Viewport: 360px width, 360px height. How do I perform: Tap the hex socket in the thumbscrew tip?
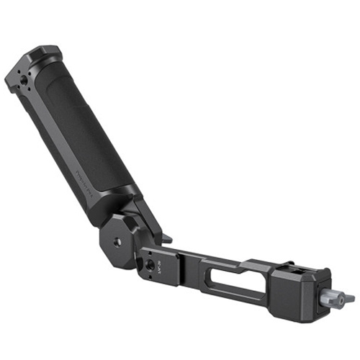[x=351, y=297]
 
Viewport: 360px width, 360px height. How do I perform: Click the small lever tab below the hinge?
[x=167, y=238]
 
